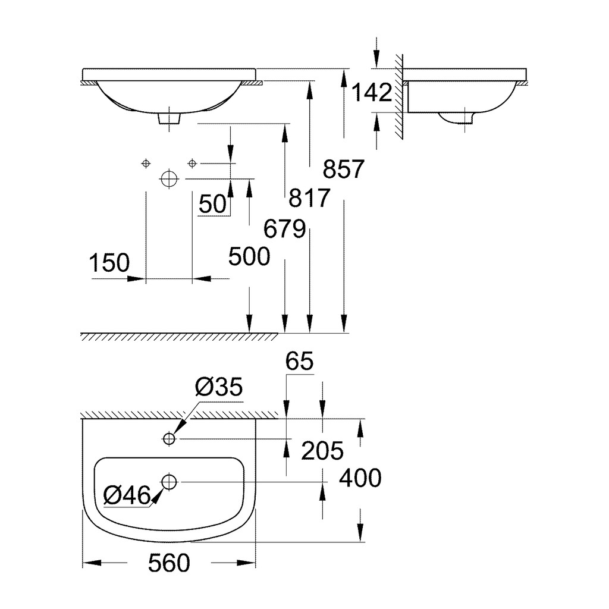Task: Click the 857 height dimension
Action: [x=343, y=169]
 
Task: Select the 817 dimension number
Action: [x=309, y=197]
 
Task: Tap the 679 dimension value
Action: [x=284, y=228]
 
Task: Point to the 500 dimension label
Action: [x=249, y=256]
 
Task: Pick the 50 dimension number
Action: [x=212, y=204]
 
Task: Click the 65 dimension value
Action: [x=300, y=361]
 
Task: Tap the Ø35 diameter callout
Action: [x=219, y=387]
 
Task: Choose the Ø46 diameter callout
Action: [x=127, y=495]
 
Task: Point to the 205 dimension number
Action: [x=322, y=451]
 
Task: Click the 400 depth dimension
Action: [x=360, y=478]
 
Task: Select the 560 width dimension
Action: [x=169, y=563]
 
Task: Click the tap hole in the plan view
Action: [x=169, y=439]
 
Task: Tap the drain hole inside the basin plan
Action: [x=169, y=482]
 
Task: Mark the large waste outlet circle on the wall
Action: [x=169, y=179]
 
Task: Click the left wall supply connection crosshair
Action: [x=146, y=164]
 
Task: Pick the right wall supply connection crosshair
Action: [x=192, y=164]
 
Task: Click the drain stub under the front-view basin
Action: [x=169, y=118]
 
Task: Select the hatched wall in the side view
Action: [x=399, y=97]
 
